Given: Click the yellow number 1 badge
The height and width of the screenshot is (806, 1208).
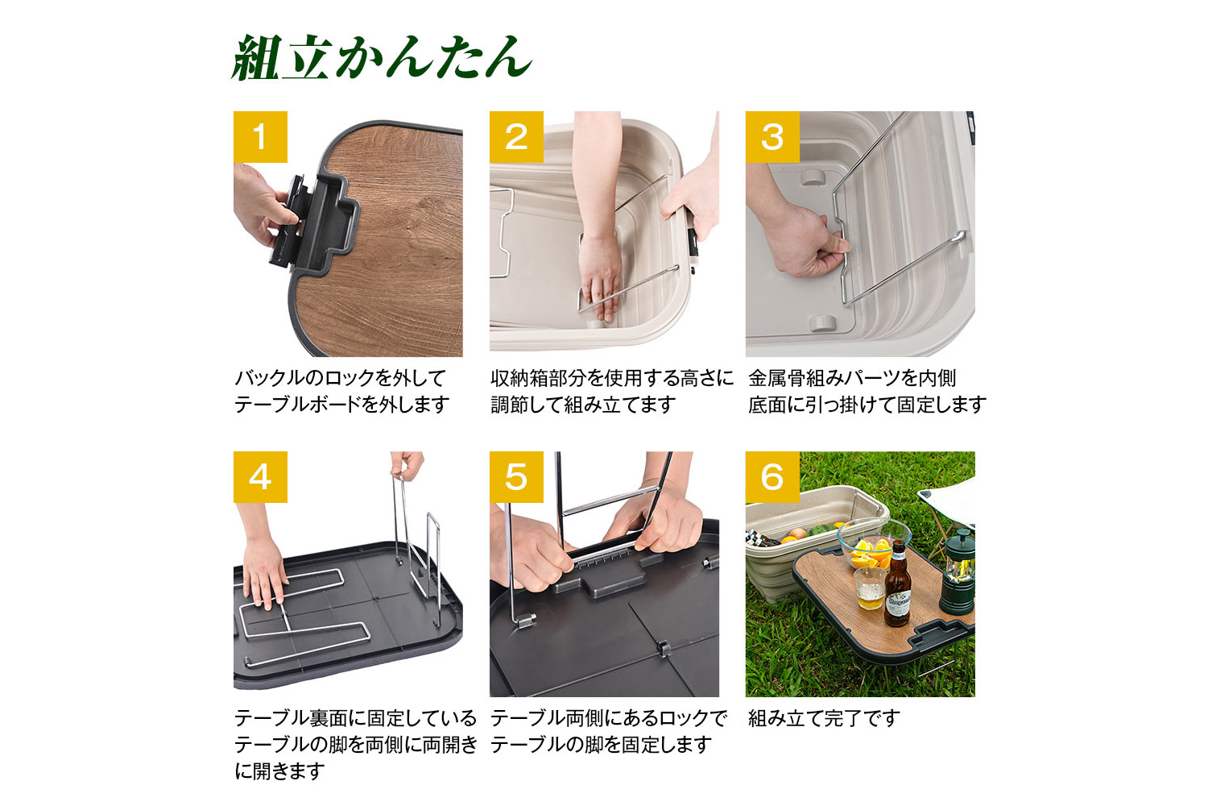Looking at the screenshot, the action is click(x=260, y=137).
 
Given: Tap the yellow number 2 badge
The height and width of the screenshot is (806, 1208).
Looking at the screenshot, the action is click(x=516, y=137).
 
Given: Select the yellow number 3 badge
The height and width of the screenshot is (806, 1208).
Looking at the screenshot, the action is click(x=772, y=137).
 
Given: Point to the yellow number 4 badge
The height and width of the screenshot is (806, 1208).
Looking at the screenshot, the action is click(x=260, y=477).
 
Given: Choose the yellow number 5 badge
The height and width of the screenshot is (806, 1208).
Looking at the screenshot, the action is click(x=516, y=477).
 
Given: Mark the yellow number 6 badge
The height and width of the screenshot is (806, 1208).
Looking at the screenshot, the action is click(x=772, y=477).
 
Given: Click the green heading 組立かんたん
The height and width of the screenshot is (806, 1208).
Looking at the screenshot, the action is click(x=382, y=58).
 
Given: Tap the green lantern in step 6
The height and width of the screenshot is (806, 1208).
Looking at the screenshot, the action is click(x=958, y=572).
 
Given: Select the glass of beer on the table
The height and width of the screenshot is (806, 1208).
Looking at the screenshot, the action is click(x=869, y=588).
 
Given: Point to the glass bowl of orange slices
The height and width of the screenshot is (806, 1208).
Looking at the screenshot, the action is click(x=874, y=545).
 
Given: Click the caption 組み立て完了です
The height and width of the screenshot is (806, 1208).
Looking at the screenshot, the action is click(x=824, y=718).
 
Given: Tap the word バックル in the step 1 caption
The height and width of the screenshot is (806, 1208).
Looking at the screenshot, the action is click(x=269, y=378).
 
